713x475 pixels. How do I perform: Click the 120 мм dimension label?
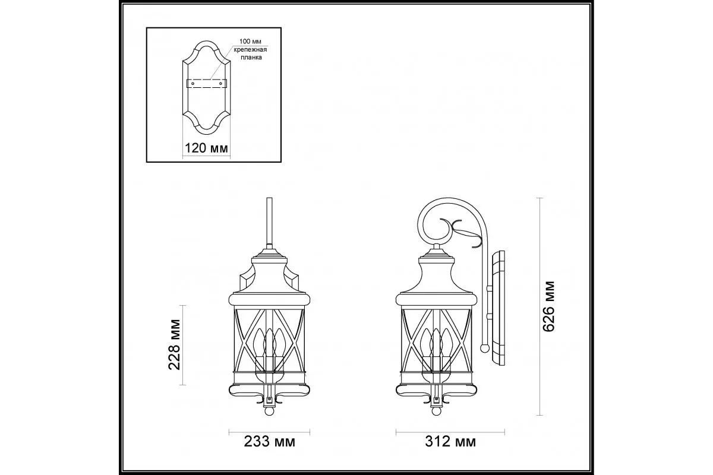tap(206, 148)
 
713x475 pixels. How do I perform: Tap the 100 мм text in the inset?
tap(250, 42)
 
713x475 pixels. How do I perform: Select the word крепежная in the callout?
tap(250, 50)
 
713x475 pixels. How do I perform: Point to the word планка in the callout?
tap(251, 58)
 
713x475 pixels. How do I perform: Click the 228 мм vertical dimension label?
tap(174, 345)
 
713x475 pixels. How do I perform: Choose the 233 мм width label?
tap(270, 442)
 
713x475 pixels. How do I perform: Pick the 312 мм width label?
tap(450, 442)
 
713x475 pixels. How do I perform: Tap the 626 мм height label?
tap(548, 306)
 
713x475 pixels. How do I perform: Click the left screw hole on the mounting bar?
tap(193, 83)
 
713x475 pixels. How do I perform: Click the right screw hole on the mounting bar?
tap(220, 83)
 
